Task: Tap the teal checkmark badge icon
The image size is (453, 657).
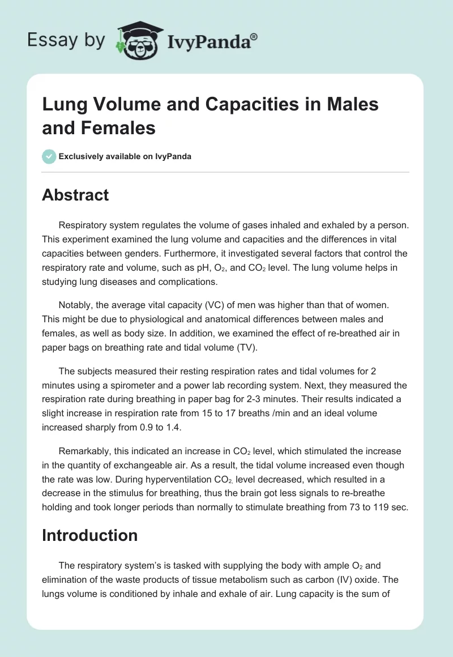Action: pos(49,156)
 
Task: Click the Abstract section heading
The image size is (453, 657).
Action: pos(75,195)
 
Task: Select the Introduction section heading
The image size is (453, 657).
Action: pos(89,535)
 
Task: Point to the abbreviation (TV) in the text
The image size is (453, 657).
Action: pos(245,347)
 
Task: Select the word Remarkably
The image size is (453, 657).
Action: pos(83,451)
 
